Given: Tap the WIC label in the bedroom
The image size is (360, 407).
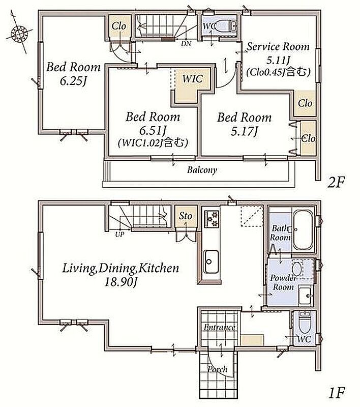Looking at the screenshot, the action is (x=192, y=79).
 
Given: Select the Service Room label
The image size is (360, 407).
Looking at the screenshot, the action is (x=278, y=47).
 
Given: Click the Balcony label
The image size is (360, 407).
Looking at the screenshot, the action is (x=202, y=170).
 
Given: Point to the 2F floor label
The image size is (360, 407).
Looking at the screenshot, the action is (x=336, y=183).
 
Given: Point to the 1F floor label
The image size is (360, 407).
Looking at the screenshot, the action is (x=337, y=392).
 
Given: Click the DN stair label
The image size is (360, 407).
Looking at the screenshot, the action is (x=186, y=44).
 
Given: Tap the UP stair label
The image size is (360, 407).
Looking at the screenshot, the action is (x=119, y=235).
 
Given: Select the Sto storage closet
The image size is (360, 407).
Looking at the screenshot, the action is (x=186, y=216).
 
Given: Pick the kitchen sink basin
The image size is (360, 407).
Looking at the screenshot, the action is (x=211, y=261).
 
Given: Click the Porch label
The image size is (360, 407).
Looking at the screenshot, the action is (x=217, y=369).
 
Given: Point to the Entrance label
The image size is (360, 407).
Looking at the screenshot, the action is (x=220, y=327).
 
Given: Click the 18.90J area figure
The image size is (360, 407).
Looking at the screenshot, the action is (x=121, y=282).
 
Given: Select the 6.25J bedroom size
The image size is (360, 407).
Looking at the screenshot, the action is (x=73, y=81).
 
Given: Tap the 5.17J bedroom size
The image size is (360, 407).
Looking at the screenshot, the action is (x=245, y=131).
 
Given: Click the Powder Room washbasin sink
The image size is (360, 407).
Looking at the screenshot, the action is (x=306, y=296).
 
